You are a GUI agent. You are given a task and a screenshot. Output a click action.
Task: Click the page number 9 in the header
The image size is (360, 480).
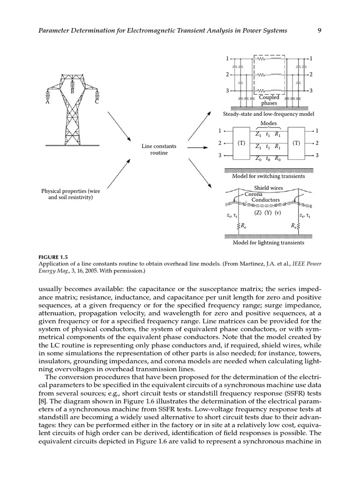(x=319, y=31)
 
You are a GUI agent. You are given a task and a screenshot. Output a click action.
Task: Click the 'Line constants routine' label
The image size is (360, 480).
(x=159, y=150)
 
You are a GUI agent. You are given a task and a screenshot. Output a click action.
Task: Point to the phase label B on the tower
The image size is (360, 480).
(x=72, y=91)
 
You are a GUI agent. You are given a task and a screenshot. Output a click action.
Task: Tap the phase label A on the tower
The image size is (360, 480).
(x=47, y=102)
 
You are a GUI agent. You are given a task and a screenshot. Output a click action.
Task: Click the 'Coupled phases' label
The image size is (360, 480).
(x=269, y=100)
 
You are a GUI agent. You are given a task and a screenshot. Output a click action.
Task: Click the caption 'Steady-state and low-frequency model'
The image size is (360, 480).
(x=269, y=114)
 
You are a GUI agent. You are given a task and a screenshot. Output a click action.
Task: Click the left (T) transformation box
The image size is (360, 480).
(x=242, y=143)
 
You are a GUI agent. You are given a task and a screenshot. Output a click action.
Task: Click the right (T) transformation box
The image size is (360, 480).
(x=296, y=143)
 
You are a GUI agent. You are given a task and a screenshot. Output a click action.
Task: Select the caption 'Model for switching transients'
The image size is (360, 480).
(x=269, y=176)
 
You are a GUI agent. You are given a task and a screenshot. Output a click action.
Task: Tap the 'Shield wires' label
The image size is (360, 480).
(x=269, y=188)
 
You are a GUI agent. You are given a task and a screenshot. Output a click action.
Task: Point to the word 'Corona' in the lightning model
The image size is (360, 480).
(x=254, y=194)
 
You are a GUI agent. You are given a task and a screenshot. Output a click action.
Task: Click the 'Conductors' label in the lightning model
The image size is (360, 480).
(x=265, y=200)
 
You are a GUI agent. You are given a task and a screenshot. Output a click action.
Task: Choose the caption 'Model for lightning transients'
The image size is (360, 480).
(x=269, y=243)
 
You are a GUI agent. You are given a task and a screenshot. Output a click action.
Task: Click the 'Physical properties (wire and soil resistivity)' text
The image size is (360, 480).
(x=70, y=194)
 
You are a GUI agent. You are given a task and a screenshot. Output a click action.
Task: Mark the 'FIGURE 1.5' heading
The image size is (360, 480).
(x=53, y=257)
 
